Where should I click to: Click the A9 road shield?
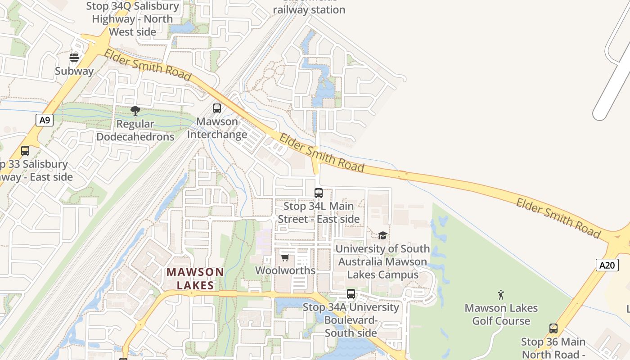point(45,120)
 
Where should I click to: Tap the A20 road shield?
point(607,265)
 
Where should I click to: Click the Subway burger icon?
point(74,57)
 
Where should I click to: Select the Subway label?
point(74,71)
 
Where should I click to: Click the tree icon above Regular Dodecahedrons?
point(135,110)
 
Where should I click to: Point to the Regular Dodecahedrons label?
point(135,130)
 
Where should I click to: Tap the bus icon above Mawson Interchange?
point(217,108)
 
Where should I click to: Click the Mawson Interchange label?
point(217,128)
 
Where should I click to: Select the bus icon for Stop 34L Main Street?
point(319,193)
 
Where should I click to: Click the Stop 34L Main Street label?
point(319,212)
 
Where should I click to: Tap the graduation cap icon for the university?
point(382,235)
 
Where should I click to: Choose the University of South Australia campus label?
point(382,261)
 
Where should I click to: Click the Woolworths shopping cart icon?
point(285,257)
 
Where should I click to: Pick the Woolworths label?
point(285,270)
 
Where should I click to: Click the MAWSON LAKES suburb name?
point(195,279)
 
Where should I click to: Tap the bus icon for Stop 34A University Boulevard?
point(351,294)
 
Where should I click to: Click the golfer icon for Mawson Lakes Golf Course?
point(501,295)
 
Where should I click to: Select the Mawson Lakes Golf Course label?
point(501,315)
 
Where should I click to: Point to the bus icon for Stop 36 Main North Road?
point(553,328)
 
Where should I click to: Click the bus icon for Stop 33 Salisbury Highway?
point(25,151)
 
